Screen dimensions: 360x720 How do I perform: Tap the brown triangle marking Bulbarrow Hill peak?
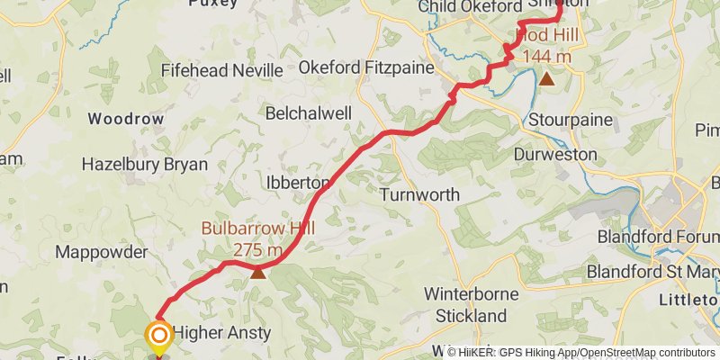258,270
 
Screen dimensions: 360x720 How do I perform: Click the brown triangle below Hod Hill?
546,78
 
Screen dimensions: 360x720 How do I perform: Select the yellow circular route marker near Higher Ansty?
159,337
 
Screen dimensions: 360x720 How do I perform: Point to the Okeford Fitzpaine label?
366,67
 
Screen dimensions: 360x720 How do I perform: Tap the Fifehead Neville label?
222,70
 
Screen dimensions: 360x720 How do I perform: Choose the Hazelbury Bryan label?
144,165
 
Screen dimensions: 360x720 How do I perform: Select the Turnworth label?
419,194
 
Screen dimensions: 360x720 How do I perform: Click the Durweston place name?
555,155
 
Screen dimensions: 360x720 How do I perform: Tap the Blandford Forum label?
658,237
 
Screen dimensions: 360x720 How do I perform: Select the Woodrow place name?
125,119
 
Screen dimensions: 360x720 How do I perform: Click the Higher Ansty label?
221,333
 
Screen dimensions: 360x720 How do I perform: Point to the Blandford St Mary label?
652,271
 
